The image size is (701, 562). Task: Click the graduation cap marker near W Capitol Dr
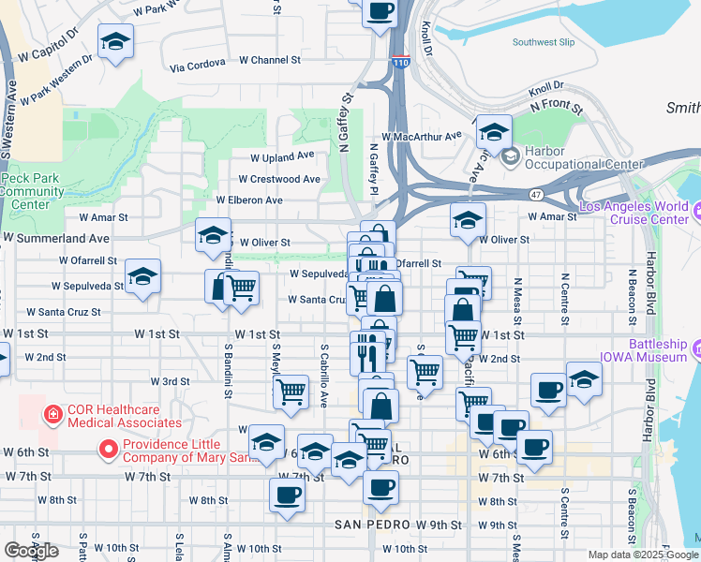pyautogui.click(x=116, y=42)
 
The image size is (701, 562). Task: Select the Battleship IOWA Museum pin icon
pyautogui.click(x=697, y=351)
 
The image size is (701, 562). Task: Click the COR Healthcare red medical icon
pyautogui.click(x=52, y=413)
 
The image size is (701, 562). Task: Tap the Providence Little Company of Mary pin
pyautogui.click(x=109, y=451)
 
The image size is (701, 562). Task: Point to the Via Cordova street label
pyautogui.click(x=198, y=64)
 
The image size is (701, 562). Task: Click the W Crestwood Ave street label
pyautogui.click(x=278, y=179)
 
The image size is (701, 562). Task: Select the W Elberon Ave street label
pyautogui.click(x=248, y=200)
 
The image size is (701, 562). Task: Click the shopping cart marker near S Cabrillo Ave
pyautogui.click(x=291, y=391)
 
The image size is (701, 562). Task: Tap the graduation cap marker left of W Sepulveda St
pyautogui.click(x=142, y=277)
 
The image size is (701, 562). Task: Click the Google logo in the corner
pyautogui.click(x=31, y=551)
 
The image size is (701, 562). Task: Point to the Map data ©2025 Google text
pyautogui.click(x=644, y=555)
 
